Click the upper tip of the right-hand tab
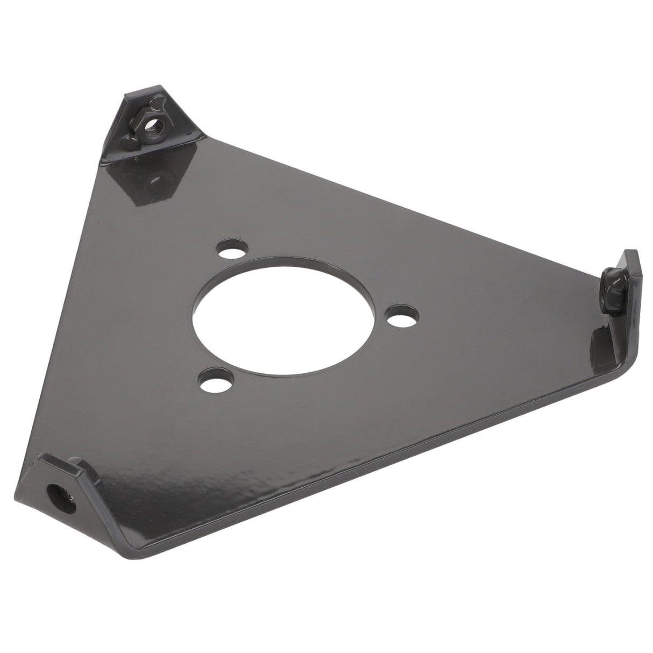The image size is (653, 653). pyautogui.click(x=629, y=255)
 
